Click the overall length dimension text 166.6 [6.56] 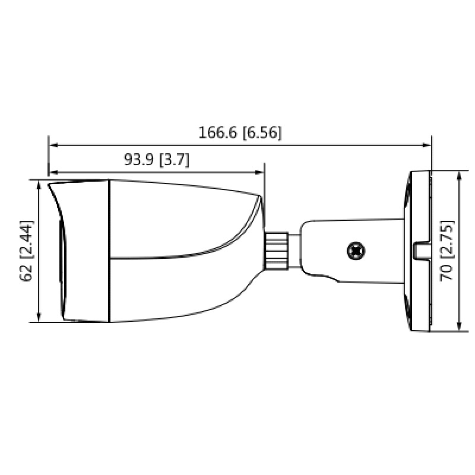point(240,132)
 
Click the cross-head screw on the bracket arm point(356,251)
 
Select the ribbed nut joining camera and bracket point(276,250)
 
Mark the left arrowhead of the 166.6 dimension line point(53,144)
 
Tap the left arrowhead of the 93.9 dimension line point(53,172)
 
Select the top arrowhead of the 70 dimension point(460,176)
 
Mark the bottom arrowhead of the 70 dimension point(460,326)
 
